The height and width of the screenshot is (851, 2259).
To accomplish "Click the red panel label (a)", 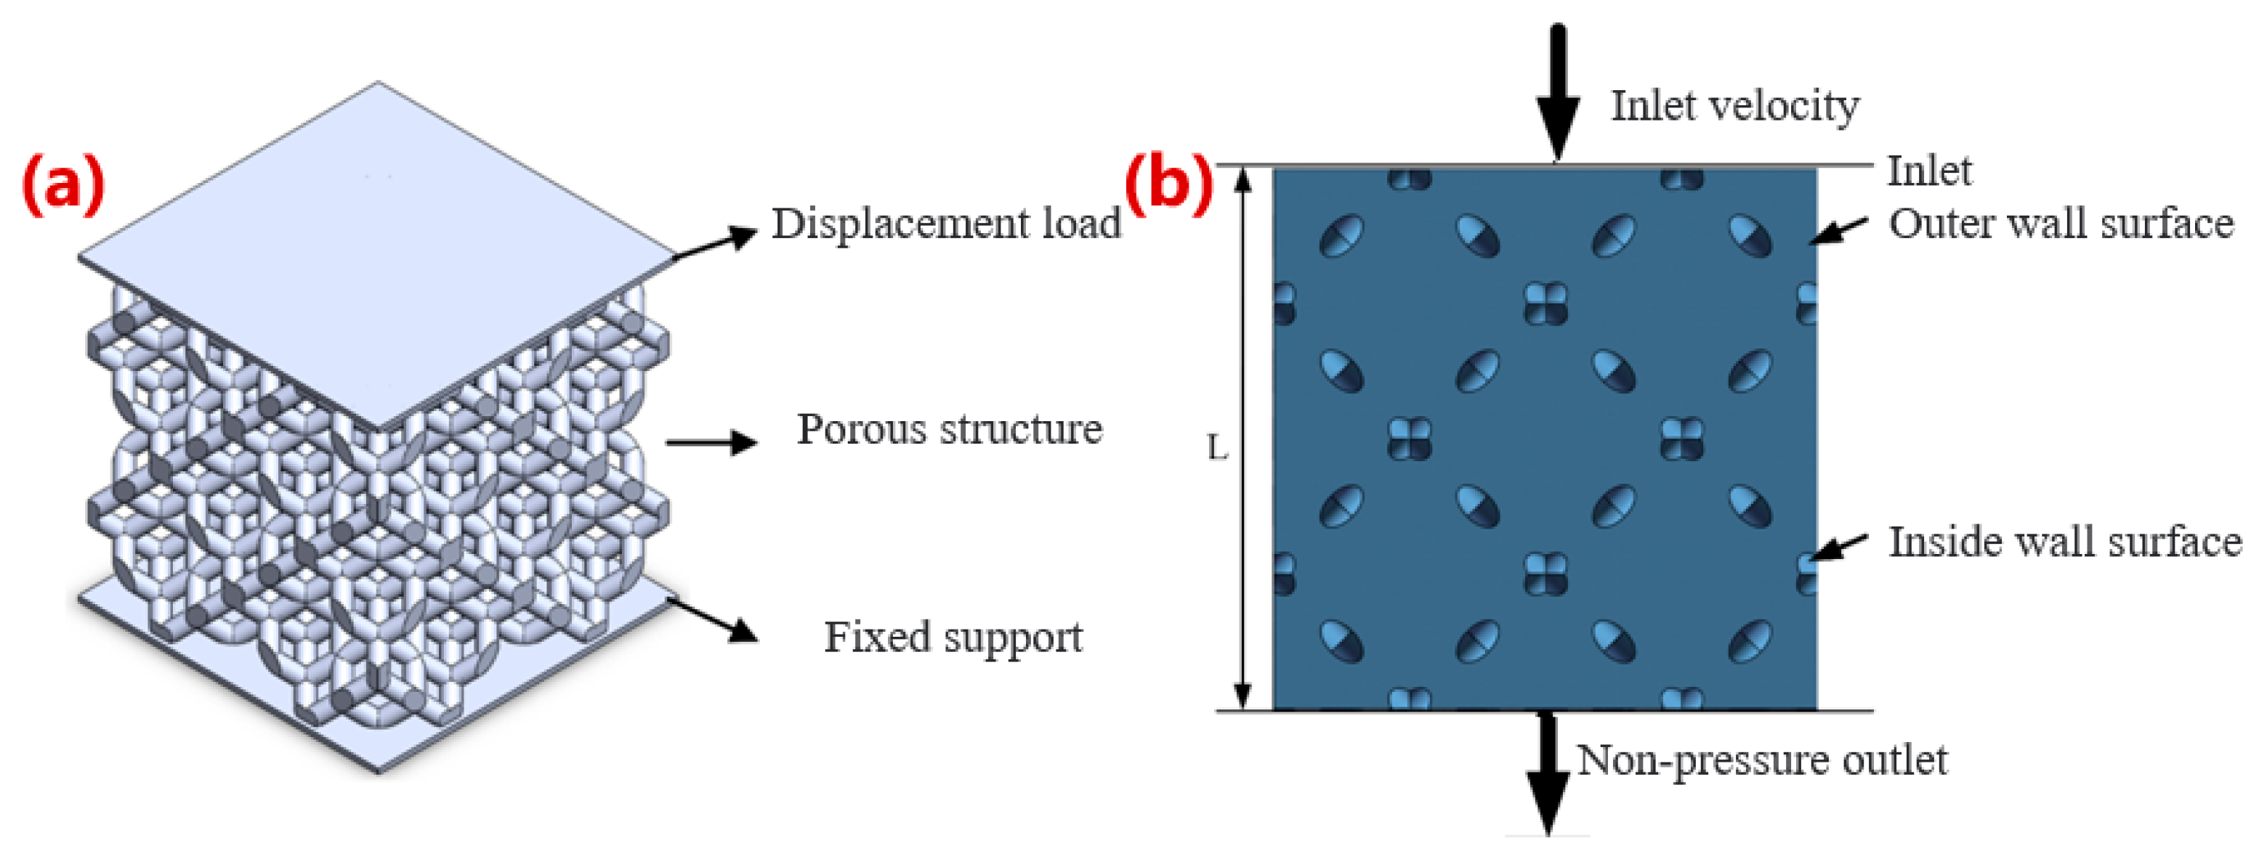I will tap(63, 184).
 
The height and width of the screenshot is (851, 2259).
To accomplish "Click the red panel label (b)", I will tap(1169, 186).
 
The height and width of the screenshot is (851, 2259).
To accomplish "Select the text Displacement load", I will tap(945, 224).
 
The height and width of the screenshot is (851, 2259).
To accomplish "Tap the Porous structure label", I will tap(949, 429).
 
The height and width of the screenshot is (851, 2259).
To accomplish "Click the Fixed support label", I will tap(953, 637).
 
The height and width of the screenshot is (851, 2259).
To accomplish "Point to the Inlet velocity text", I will tap(1734, 106).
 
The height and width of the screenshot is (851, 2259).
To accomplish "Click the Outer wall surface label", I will tap(2060, 224).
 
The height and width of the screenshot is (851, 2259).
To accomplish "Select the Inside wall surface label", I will tap(2064, 542).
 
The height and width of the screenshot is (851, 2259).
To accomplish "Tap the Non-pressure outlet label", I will tap(1761, 760).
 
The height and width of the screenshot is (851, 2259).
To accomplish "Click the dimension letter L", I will tap(1217, 449).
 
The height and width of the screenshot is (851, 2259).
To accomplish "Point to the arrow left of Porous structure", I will tap(711, 441).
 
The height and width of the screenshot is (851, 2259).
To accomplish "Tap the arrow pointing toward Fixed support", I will tap(715, 619).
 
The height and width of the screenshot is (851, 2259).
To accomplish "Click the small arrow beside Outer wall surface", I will tap(1840, 230).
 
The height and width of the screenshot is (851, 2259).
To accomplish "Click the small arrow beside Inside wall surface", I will tap(1840, 547).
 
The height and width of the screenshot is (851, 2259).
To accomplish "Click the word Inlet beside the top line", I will tap(1928, 171).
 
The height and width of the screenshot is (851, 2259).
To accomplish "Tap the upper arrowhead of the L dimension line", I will tap(1242, 178).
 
